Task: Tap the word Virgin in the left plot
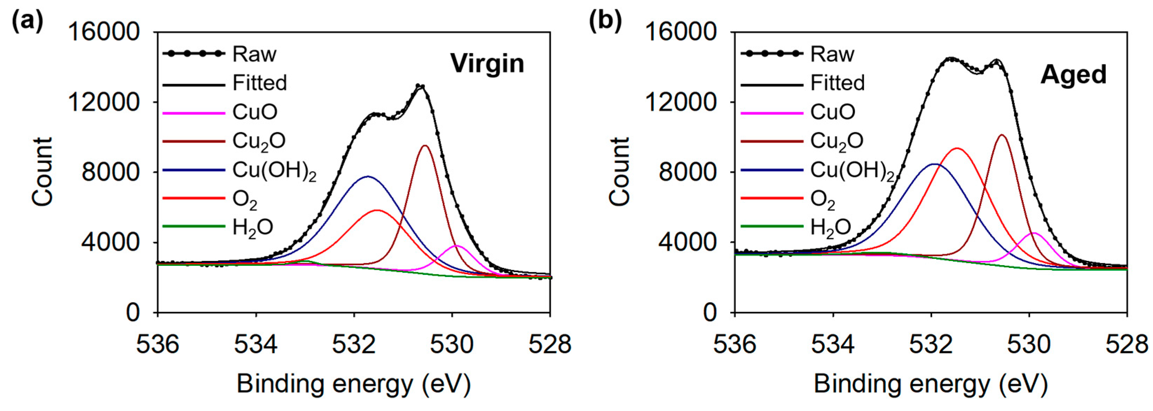[x=487, y=64]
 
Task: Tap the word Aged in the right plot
[x=1073, y=74]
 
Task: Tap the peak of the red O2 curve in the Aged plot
[x=957, y=148]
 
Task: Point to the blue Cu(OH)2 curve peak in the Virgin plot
[x=368, y=176]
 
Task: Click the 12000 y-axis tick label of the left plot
[x=103, y=102]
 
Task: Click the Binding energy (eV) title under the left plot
[x=354, y=384]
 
